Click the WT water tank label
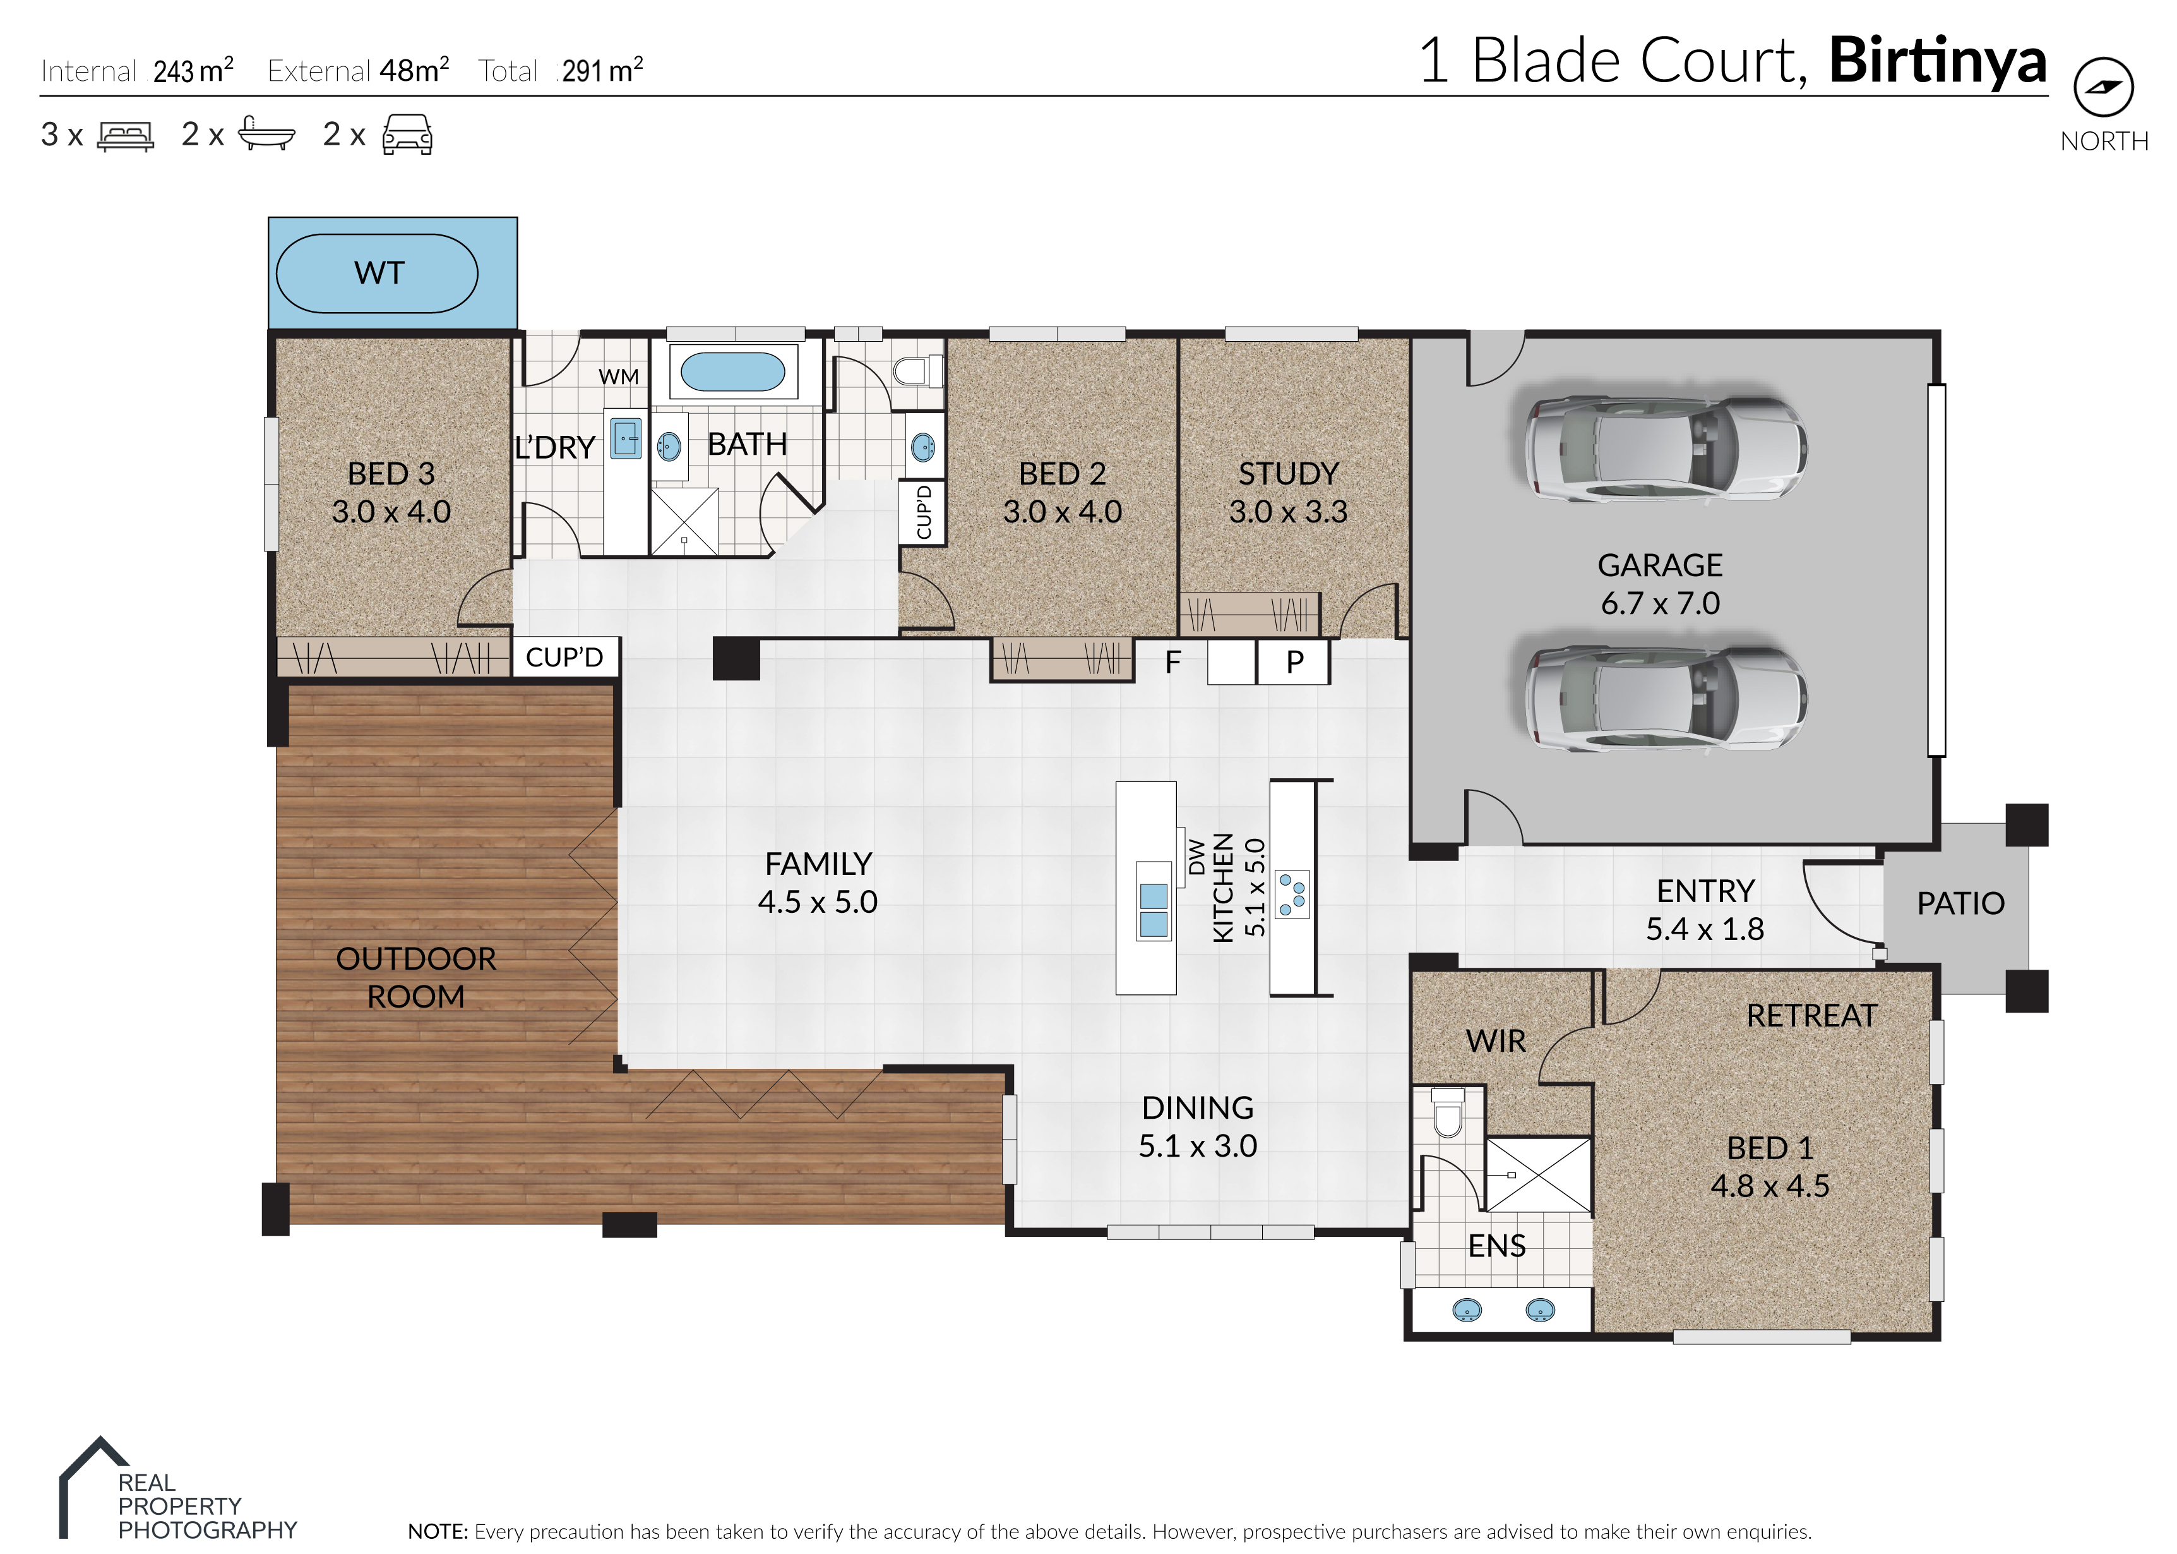tap(379, 273)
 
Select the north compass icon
tap(2103, 87)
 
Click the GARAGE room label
tap(1659, 565)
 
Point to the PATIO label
tap(1960, 903)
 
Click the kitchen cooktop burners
tap(1292, 894)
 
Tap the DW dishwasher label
tap(1196, 857)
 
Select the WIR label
tap(1496, 1041)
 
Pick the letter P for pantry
tap(1295, 661)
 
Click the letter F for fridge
tap(1172, 661)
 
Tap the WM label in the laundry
tap(619, 377)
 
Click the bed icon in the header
tap(125, 136)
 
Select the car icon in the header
tap(407, 135)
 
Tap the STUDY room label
tap(1289, 474)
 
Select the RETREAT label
tap(1811, 1015)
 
